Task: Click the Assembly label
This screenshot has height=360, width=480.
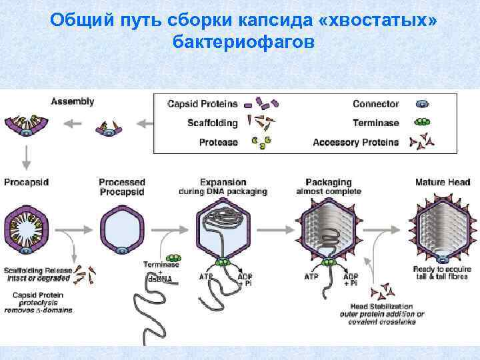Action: pyautogui.click(x=73, y=102)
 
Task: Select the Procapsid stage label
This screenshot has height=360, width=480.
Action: pyautogui.click(x=26, y=182)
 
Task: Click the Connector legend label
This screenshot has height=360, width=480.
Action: pyautogui.click(x=375, y=104)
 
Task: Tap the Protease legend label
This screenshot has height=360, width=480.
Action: pyautogui.click(x=218, y=141)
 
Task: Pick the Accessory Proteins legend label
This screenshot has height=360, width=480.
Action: pyautogui.click(x=355, y=141)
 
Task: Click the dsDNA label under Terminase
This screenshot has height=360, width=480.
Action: pyautogui.click(x=161, y=278)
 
